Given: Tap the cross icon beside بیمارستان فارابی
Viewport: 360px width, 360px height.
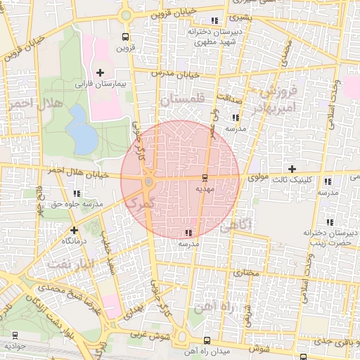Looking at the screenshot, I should (100, 72).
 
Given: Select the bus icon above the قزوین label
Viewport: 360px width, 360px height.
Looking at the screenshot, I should (125, 37).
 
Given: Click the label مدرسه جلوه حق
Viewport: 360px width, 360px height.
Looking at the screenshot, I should (77, 204).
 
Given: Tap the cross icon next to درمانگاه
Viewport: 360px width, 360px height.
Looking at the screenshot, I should (74, 230).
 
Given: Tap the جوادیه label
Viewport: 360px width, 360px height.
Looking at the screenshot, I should (15, 346).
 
